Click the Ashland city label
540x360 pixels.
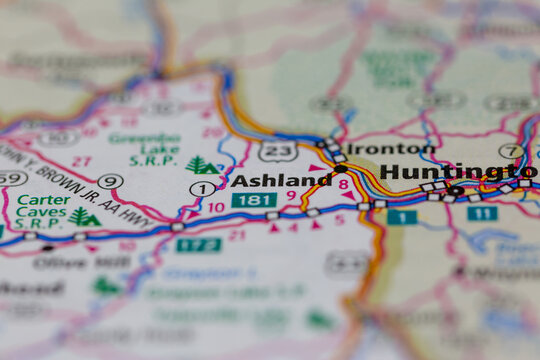click(x=281, y=180)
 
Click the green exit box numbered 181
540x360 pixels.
click(x=254, y=200)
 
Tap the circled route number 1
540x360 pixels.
click(x=202, y=188)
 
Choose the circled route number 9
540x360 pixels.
click(x=110, y=181)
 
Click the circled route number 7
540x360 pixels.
click(x=512, y=151)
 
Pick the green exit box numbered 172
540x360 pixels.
click(x=198, y=244)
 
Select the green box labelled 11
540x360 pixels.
click(x=482, y=213)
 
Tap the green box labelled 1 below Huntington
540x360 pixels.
click(x=402, y=216)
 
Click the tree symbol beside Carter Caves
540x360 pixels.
click(x=84, y=216)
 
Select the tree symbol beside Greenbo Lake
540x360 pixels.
click(x=201, y=165)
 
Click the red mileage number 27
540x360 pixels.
click(x=82, y=160)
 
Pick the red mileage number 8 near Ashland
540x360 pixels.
click(x=343, y=185)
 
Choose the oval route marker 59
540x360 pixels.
click(x=12, y=178)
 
